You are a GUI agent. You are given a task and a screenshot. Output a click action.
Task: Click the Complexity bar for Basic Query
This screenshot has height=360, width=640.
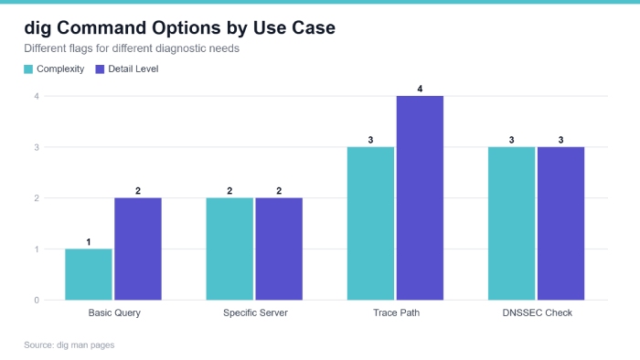pyautogui.click(x=89, y=274)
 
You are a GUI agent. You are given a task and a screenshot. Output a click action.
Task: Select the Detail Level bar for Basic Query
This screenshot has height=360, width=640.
pyautogui.click(x=138, y=249)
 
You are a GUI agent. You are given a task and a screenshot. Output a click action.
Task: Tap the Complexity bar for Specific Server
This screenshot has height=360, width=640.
pyautogui.click(x=229, y=249)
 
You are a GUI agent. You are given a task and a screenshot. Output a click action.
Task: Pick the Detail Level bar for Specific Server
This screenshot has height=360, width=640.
pyautogui.click(x=279, y=249)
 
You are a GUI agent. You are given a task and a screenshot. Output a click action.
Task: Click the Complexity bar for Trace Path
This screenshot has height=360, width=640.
pyautogui.click(x=370, y=224)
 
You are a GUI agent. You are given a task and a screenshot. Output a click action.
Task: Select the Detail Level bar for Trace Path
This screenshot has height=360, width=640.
pyautogui.click(x=420, y=198)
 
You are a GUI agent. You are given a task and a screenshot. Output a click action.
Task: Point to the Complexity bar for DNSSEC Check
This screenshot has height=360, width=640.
pyautogui.click(x=512, y=224)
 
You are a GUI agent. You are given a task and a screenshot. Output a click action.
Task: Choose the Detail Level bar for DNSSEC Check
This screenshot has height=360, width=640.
pyautogui.click(x=560, y=224)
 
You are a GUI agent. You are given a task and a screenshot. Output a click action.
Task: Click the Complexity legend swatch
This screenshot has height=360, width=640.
pyautogui.click(x=28, y=69)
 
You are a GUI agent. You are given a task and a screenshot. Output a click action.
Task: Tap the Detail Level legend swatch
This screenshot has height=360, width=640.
pyautogui.click(x=100, y=69)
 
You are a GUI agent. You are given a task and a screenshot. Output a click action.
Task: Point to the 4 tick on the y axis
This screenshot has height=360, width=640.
pyautogui.click(x=37, y=96)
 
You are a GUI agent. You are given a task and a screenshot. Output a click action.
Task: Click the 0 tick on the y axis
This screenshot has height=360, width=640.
pyautogui.click(x=37, y=301)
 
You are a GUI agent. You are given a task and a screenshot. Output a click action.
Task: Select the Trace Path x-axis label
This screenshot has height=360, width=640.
pyautogui.click(x=396, y=312)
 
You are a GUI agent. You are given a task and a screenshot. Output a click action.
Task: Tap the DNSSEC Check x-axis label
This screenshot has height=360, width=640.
pyautogui.click(x=538, y=312)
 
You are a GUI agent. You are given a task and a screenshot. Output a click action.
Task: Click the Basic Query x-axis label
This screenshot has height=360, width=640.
pyautogui.click(x=114, y=313)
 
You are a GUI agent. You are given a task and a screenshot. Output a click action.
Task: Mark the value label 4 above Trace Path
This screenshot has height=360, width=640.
pyautogui.click(x=420, y=89)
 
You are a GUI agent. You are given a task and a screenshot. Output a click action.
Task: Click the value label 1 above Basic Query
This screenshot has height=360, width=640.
pyautogui.click(x=89, y=242)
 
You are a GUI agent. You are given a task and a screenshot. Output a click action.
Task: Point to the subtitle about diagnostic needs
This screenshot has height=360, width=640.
pyautogui.click(x=132, y=48)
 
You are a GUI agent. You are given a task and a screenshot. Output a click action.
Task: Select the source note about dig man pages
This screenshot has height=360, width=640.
pyautogui.click(x=69, y=344)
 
